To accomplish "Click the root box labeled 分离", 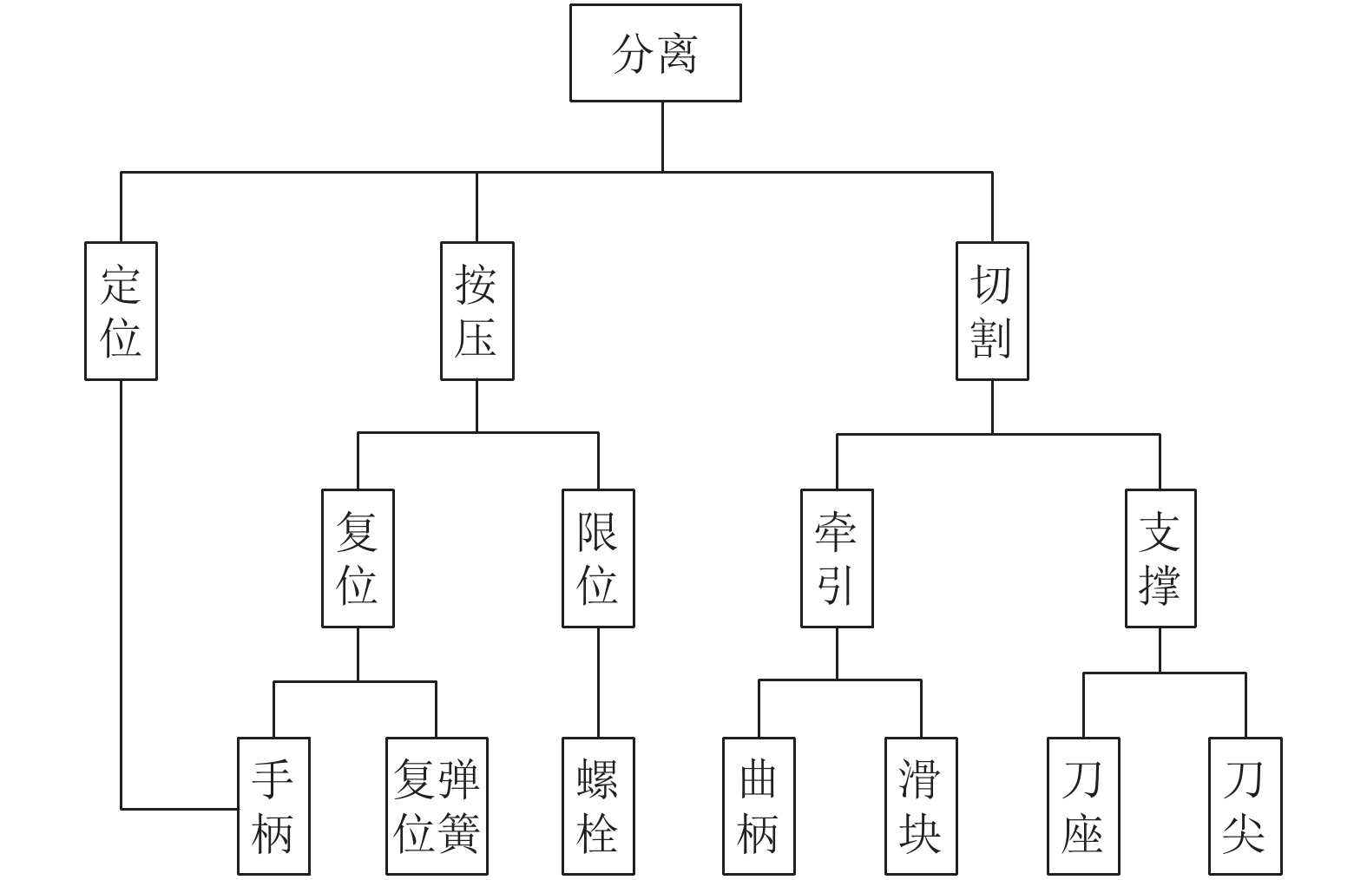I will (655, 53).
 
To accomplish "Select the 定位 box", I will (121, 311).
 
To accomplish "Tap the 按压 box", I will (476, 311).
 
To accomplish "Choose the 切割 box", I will (992, 311).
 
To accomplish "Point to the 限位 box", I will (598, 558).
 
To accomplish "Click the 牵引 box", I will (837, 558).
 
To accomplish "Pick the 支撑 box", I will (1160, 558).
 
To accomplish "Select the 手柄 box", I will (273, 806).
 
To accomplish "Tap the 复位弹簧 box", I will (437, 806).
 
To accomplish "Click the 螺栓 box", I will (598, 806).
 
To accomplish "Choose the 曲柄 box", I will (759, 806).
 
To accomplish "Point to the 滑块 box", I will (921, 806).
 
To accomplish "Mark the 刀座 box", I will (1083, 806).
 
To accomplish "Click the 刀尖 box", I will (1245, 806).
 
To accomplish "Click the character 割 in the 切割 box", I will (992, 338).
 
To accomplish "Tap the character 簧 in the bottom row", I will (459, 833).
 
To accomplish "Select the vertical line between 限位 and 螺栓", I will (598, 682).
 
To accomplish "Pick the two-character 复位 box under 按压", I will (358, 558).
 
